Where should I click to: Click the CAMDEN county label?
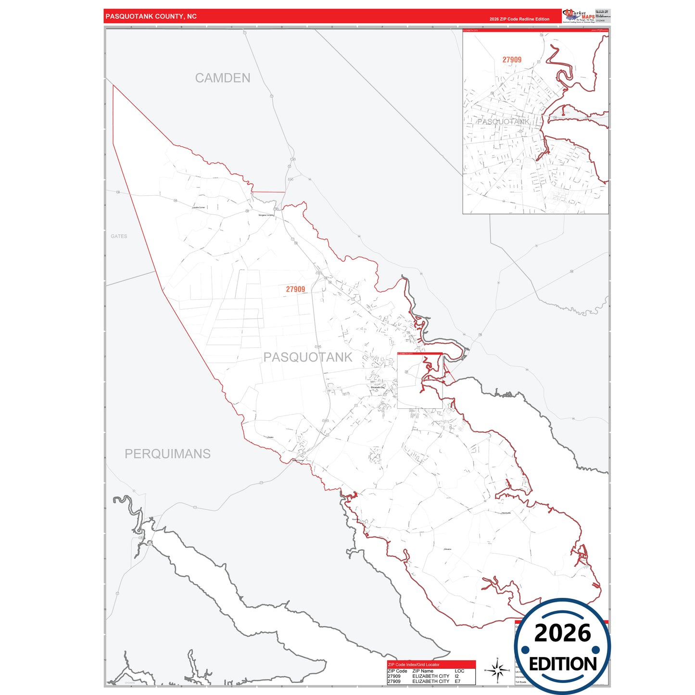pos(223,78)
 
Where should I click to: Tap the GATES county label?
pos(119,236)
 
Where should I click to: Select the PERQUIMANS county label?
pos(167,454)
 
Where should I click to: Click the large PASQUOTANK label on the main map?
pos(308,357)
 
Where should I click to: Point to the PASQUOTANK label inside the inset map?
pos(503,122)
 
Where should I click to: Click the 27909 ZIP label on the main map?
pos(295,289)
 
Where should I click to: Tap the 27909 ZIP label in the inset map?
pos(512,60)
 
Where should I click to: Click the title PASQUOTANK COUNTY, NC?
pos(151,16)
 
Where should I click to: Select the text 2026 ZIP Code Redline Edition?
pos(519,19)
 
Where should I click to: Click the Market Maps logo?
pos(578,15)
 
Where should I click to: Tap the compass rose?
pos(497,670)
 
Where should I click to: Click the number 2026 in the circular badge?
pos(562,633)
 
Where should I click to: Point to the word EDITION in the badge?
pos(563,664)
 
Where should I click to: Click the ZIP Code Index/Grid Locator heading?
pos(414,665)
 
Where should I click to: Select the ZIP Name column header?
pos(423,671)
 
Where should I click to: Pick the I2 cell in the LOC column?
pos(457,676)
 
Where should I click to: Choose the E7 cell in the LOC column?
pos(457,682)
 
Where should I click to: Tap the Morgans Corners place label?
pos(266,215)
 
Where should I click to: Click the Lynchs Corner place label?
pos(199,207)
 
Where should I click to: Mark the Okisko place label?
pos(270,437)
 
